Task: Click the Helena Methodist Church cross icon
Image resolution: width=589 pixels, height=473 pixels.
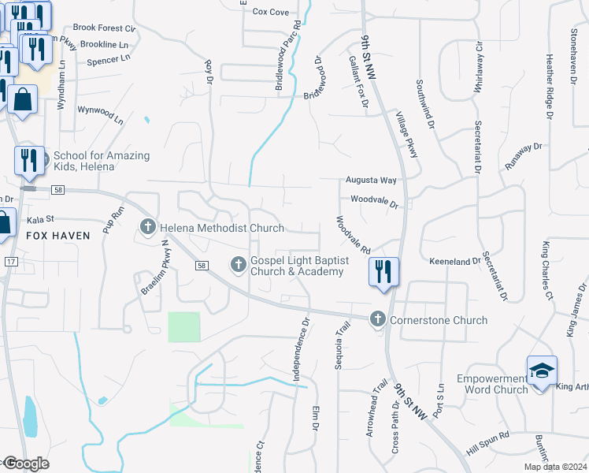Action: coord(147,228)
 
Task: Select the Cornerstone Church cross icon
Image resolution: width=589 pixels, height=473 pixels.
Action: coord(378,319)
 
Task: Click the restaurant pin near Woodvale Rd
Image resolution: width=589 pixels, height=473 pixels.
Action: coord(383,270)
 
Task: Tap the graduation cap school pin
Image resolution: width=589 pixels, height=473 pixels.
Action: coord(542,371)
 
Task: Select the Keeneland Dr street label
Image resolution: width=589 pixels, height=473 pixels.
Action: coord(454,261)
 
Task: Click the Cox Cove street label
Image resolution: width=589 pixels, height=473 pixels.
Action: coord(269,12)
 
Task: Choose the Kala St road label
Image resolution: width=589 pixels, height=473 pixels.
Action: coord(39,219)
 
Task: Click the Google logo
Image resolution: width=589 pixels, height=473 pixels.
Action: coord(25,464)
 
